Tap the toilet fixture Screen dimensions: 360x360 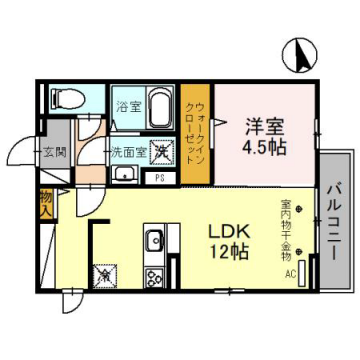65,97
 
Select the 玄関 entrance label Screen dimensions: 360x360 54,152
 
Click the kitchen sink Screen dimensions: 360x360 155,241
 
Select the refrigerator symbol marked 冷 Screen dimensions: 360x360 104,271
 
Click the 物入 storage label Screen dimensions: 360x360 46,205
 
